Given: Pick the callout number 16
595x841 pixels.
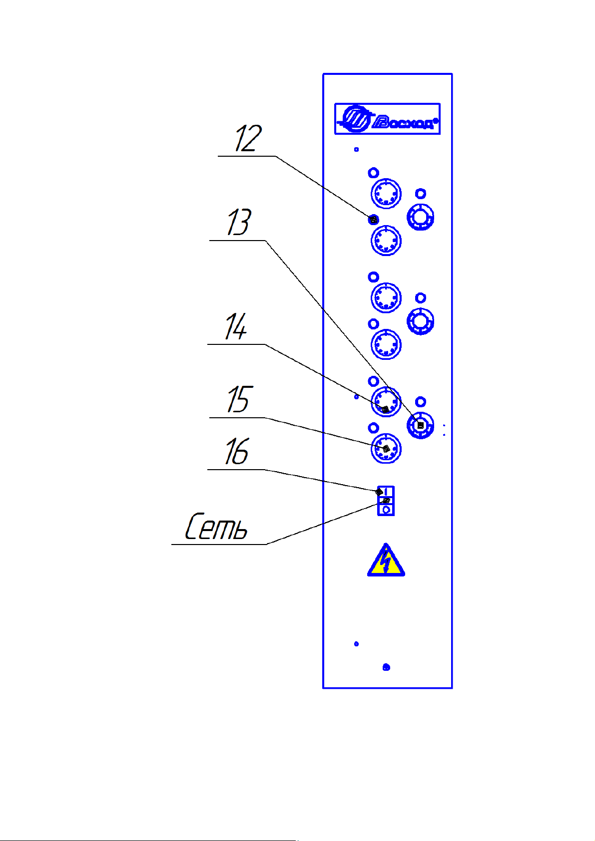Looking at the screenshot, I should click(x=236, y=452).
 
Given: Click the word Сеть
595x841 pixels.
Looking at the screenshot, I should click(x=216, y=527).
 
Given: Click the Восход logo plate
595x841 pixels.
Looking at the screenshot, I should click(x=387, y=119).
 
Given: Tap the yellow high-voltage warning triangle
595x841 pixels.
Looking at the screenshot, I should click(x=386, y=561).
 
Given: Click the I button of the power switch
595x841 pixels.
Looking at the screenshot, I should click(x=386, y=492).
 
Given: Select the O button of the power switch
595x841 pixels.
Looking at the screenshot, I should click(x=386, y=510).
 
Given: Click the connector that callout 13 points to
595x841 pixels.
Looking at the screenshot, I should click(x=421, y=426).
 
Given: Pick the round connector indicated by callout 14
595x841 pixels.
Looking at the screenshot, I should click(x=386, y=402).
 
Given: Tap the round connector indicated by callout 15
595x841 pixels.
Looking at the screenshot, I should click(x=386, y=449).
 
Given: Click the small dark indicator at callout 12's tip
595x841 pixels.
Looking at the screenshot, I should click(x=373, y=219).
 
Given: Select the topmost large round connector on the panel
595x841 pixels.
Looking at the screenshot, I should click(x=386, y=193).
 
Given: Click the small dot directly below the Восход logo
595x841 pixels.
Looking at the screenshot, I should click(x=356, y=149).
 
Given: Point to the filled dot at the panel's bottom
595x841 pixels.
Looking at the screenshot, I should click(x=386, y=667).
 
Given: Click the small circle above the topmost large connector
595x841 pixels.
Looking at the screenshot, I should click(x=373, y=173).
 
